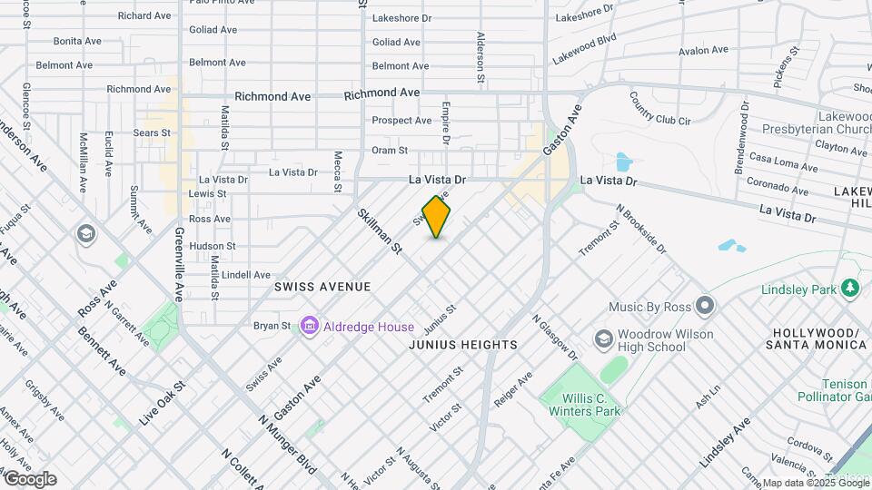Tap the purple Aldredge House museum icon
[309, 326]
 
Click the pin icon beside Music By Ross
[705, 304]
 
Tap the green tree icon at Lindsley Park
[850, 288]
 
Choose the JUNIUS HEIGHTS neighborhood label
[463, 345]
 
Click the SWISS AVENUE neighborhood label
[322, 287]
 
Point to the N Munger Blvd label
[287, 445]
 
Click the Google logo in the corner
[29, 479]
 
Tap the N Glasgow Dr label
[554, 337]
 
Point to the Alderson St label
[481, 54]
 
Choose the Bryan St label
[272, 326]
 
